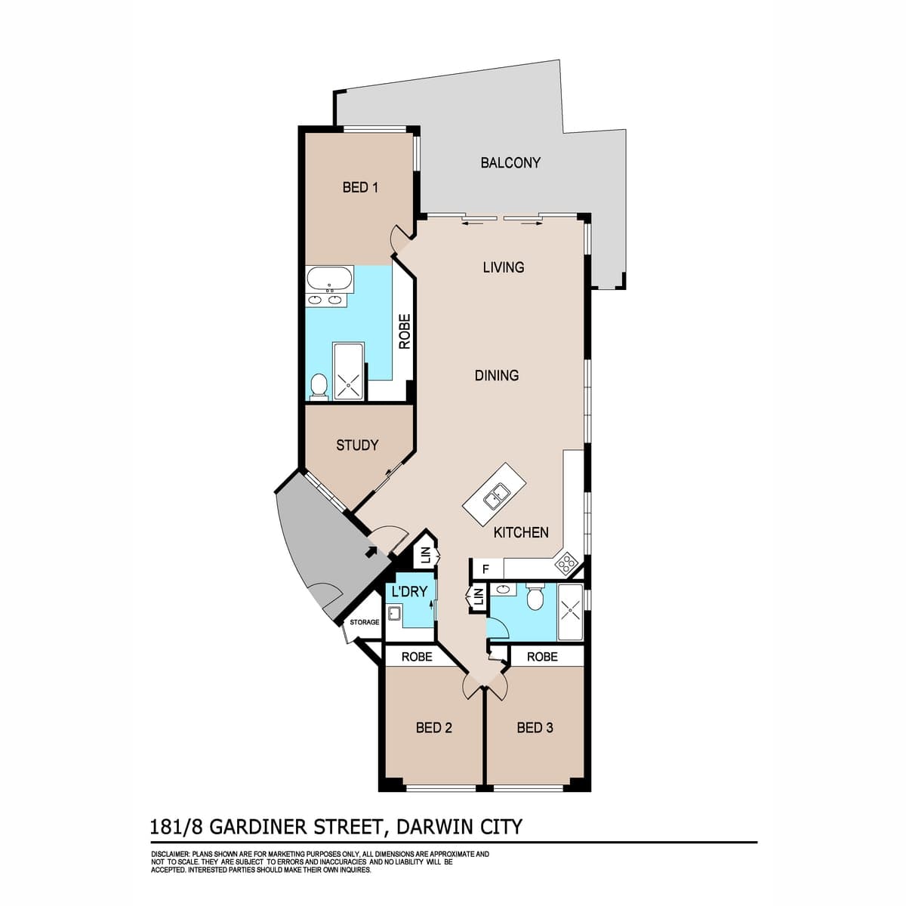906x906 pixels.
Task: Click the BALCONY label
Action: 510,162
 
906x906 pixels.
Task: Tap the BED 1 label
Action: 360,187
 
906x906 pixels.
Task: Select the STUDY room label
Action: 357,445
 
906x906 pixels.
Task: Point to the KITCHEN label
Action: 521,532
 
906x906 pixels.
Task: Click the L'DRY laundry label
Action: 409,591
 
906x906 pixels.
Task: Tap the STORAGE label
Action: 365,622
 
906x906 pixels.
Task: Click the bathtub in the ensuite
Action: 329,279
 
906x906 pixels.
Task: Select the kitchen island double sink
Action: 497,498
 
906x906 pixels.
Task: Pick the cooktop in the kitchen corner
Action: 565,562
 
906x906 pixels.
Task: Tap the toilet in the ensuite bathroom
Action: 319,387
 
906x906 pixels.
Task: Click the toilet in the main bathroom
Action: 535,596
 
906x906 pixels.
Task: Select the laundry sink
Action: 393,614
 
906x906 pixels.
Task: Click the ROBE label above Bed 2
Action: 417,656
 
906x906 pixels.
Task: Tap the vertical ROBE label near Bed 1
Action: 405,331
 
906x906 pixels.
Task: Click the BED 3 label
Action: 535,728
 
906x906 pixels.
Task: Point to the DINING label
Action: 497,376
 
